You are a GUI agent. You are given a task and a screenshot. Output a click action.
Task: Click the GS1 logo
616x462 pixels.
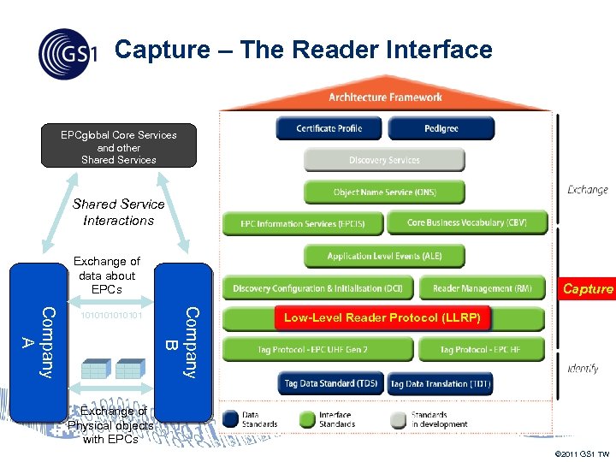67,53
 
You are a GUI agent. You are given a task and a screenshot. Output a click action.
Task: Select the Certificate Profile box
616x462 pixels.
329,128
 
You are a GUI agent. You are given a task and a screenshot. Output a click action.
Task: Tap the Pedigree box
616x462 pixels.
441,128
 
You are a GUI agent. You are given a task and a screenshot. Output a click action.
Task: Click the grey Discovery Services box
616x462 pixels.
384,160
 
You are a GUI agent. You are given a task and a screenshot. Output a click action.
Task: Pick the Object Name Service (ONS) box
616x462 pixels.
384,192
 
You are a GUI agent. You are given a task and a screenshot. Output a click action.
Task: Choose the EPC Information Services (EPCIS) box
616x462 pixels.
302,224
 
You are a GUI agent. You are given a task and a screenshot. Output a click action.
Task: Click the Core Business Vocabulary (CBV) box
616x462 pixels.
466,222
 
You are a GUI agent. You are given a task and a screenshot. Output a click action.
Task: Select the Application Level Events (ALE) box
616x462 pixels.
384,256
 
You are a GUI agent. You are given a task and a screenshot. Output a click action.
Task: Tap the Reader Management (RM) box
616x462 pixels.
482,288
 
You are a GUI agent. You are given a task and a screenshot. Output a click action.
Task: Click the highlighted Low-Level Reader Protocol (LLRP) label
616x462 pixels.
383,318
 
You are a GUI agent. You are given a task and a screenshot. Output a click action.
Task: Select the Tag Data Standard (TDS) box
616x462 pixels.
330,384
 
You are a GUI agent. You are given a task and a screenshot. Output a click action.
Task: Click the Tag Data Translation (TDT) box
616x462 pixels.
441,384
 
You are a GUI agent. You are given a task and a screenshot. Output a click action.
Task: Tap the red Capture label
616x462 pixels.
588,289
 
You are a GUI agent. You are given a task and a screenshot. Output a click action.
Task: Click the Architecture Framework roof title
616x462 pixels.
385,98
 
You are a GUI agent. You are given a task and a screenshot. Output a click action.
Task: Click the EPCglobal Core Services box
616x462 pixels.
119,146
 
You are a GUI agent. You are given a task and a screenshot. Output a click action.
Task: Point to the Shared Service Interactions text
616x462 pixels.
119,212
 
